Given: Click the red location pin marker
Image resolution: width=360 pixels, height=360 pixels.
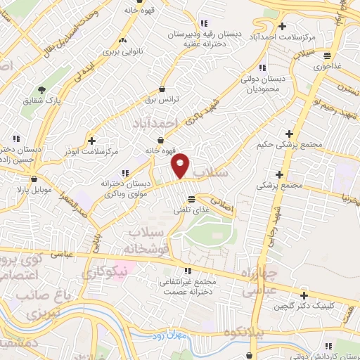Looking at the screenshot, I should (x=181, y=165).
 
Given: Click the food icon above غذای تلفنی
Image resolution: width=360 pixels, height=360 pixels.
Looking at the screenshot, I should (x=192, y=199).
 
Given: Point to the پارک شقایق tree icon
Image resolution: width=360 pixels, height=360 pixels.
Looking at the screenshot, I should (x=41, y=90).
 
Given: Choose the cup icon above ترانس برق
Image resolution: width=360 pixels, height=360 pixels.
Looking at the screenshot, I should (x=164, y=89).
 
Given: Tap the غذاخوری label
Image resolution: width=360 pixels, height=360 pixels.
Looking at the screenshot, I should (x=328, y=65).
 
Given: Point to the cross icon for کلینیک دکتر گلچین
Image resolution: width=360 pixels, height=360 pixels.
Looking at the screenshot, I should (x=304, y=295).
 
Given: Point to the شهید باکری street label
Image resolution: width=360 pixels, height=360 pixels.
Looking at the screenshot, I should (x=197, y=112).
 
